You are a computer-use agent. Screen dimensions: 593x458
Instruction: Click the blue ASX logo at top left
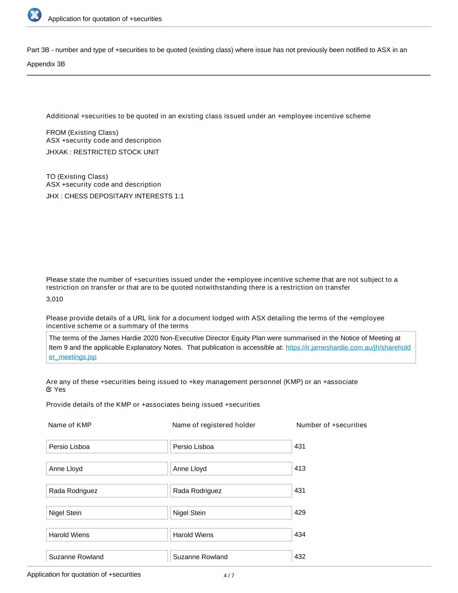35,15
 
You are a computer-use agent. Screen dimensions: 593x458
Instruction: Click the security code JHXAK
56,152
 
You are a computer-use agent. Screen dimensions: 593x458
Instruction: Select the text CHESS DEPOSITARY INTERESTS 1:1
124,196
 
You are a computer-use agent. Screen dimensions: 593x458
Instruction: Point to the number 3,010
55,299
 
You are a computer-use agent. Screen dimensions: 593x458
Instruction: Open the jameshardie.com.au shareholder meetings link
348,348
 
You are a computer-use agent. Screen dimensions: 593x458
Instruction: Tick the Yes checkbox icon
49,389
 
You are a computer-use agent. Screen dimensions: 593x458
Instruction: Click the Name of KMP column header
70,425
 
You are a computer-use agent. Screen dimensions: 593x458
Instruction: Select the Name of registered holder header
214,425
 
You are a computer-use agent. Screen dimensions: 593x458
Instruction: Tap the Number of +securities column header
331,425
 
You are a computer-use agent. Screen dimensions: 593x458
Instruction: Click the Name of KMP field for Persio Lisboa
107,447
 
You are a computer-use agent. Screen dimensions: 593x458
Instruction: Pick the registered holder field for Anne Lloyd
231,469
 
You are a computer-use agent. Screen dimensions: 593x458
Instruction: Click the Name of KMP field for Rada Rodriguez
107,491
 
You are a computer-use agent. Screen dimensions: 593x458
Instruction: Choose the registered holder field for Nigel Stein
231,513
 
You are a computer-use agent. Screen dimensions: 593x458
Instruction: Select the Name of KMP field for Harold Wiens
107,535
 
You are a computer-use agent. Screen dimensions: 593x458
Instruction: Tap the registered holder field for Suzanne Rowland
231,557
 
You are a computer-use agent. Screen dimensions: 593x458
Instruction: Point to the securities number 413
300,468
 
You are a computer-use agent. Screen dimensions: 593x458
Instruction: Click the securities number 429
300,512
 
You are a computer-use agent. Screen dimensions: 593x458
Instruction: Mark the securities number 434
300,534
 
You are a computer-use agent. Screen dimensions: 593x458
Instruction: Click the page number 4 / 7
229,576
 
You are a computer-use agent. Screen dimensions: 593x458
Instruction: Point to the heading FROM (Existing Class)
82,133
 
